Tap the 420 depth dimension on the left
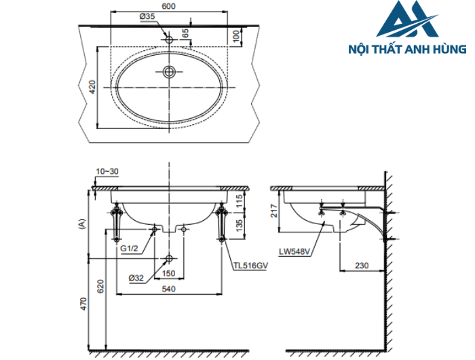click(x=92, y=86)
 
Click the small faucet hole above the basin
click(x=169, y=39)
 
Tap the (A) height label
click(x=82, y=222)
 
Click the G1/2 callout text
click(x=129, y=249)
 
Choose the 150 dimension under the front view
click(x=169, y=274)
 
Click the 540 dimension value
click(x=169, y=289)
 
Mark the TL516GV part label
click(x=249, y=267)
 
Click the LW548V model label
click(x=294, y=251)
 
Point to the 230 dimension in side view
click(x=361, y=266)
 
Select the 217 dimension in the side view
click(x=274, y=211)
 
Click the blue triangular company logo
click(x=408, y=21)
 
